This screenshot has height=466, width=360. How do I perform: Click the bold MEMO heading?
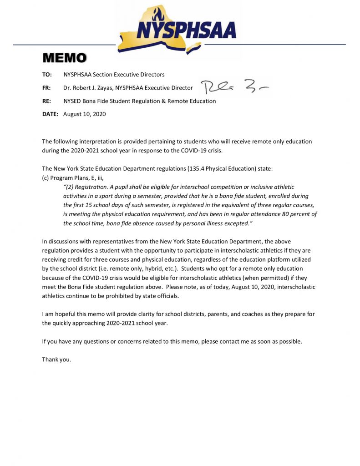click(64, 58)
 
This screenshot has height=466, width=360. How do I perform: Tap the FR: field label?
click(46, 88)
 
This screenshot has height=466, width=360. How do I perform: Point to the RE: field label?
click(46, 101)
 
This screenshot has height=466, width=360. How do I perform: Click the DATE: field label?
click(50, 114)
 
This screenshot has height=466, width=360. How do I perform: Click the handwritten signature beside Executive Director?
click(234, 86)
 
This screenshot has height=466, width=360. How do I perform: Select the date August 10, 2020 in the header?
click(84, 114)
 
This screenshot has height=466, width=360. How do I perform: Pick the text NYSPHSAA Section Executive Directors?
click(114, 75)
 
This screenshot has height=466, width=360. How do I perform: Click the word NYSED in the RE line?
click(73, 101)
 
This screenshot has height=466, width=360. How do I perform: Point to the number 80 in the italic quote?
click(277, 214)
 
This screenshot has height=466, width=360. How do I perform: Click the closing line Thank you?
click(56, 360)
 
